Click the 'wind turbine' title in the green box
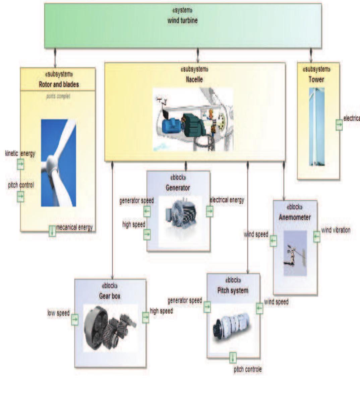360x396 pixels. click(182, 20)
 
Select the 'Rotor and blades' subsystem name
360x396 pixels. click(59, 84)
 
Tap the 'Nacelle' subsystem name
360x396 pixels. click(194, 79)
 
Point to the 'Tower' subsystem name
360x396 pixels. click(316, 79)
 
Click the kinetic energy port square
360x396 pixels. click(20, 164)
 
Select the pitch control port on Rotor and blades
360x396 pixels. click(20, 196)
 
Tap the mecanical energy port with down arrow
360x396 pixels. click(52, 231)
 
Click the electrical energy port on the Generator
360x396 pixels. click(209, 211)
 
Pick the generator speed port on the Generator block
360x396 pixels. click(147, 211)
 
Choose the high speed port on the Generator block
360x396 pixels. click(147, 235)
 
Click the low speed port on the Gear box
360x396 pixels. click(74, 319)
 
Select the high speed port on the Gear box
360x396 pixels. click(145, 317)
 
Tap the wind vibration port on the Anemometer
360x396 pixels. click(316, 237)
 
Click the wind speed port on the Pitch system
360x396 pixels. click(259, 308)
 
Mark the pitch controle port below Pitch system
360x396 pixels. click(233, 357)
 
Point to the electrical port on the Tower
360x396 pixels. click(339, 125)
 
